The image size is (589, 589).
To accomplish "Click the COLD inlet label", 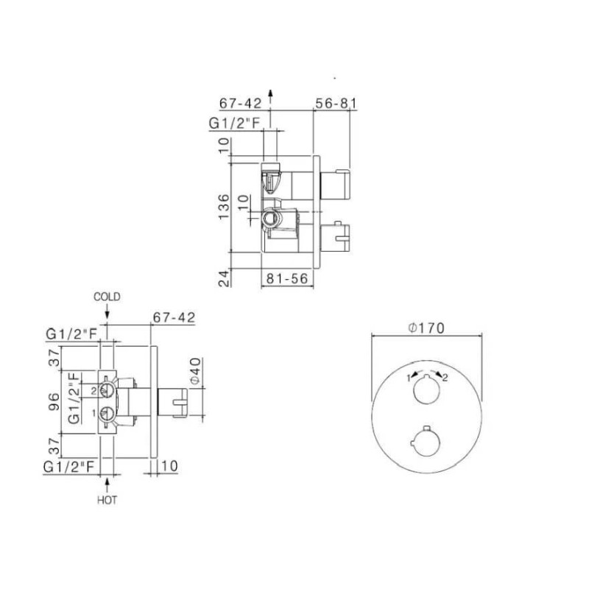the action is click(x=107, y=297).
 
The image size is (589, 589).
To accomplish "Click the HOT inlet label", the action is click(x=107, y=501).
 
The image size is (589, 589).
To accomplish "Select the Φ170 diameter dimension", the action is click(x=426, y=328).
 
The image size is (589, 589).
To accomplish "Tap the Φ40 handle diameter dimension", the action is click(x=195, y=371).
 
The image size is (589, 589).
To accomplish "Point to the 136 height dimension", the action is click(x=224, y=207).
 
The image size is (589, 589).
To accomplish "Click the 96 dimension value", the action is click(x=54, y=402).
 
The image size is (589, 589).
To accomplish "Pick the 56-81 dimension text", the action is click(x=336, y=103).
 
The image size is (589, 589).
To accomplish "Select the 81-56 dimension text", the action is click(x=287, y=278).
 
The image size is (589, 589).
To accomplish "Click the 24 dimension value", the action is click(x=224, y=278).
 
